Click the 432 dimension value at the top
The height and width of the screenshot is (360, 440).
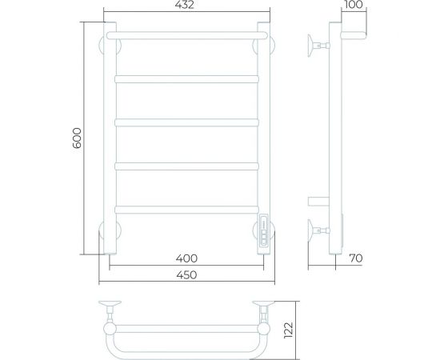(185, 6)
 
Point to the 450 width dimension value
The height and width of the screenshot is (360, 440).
(186, 275)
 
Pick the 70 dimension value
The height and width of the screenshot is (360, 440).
(356, 259)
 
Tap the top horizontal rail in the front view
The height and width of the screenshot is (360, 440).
(186, 36)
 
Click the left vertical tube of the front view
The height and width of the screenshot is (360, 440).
(110, 136)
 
